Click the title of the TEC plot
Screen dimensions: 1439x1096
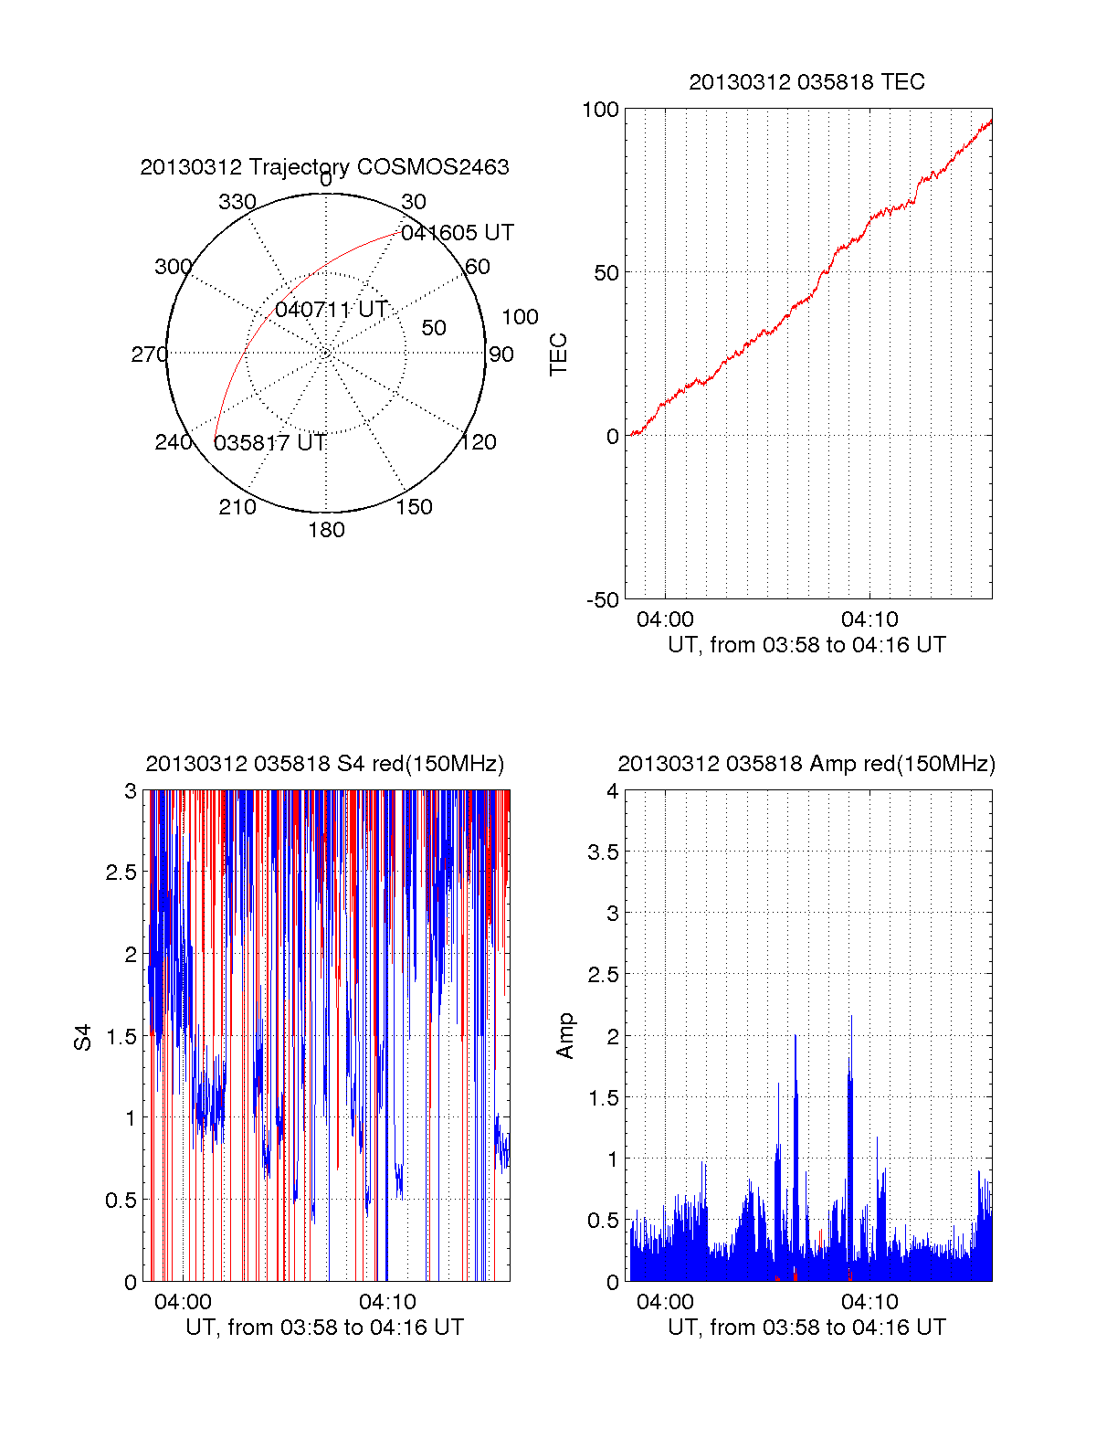806,82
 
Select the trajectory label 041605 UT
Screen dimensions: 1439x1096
458,233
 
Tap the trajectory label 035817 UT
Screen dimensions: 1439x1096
269,443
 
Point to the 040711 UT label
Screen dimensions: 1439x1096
332,310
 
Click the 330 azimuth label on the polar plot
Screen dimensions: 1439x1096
237,202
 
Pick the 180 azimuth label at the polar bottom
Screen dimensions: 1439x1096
326,530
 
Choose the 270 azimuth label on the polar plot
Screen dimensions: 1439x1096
149,354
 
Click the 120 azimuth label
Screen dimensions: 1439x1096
479,442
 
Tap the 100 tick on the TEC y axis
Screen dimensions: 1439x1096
600,110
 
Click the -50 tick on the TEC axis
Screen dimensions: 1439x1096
602,600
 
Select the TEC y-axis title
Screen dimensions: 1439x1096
558,354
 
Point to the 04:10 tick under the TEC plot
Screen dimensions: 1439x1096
869,619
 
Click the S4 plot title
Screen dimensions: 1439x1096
324,764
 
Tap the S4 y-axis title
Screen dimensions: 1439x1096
83,1037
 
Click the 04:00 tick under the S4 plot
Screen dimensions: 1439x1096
183,1302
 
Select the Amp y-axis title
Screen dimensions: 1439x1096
565,1035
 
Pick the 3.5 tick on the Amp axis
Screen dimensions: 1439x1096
601,852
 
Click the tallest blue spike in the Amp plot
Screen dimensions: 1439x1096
851,1017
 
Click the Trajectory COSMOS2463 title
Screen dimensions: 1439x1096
324,167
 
